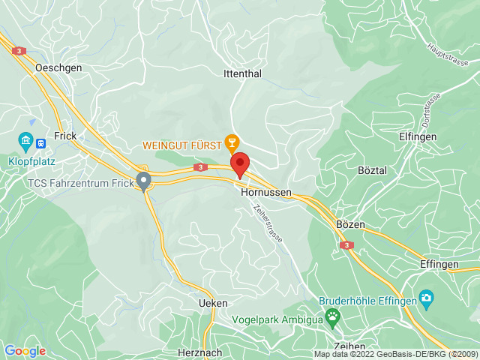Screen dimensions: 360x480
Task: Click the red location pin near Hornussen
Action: click(x=239, y=163)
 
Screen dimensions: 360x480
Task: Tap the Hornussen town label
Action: click(x=265, y=192)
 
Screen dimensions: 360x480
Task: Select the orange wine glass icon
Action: click(x=232, y=142)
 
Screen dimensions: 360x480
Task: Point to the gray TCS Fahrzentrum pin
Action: click(x=143, y=180)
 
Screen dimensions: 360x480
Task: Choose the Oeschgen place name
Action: click(x=58, y=67)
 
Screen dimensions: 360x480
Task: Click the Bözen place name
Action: click(x=350, y=226)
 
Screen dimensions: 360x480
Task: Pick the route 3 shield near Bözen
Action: click(x=346, y=245)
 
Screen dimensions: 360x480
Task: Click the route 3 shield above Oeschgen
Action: click(x=19, y=51)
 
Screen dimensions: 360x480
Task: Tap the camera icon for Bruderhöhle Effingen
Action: click(x=427, y=299)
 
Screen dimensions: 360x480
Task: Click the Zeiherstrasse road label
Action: click(x=268, y=219)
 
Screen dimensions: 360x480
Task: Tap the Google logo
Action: click(x=25, y=350)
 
